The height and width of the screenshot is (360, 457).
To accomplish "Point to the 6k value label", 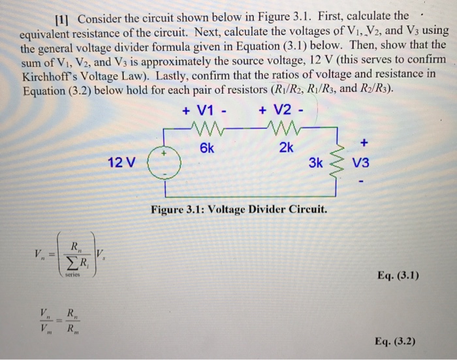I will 206,147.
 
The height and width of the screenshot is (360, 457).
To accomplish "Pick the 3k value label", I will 315,163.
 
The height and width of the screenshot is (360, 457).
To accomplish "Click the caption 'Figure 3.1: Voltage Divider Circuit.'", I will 239,211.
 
